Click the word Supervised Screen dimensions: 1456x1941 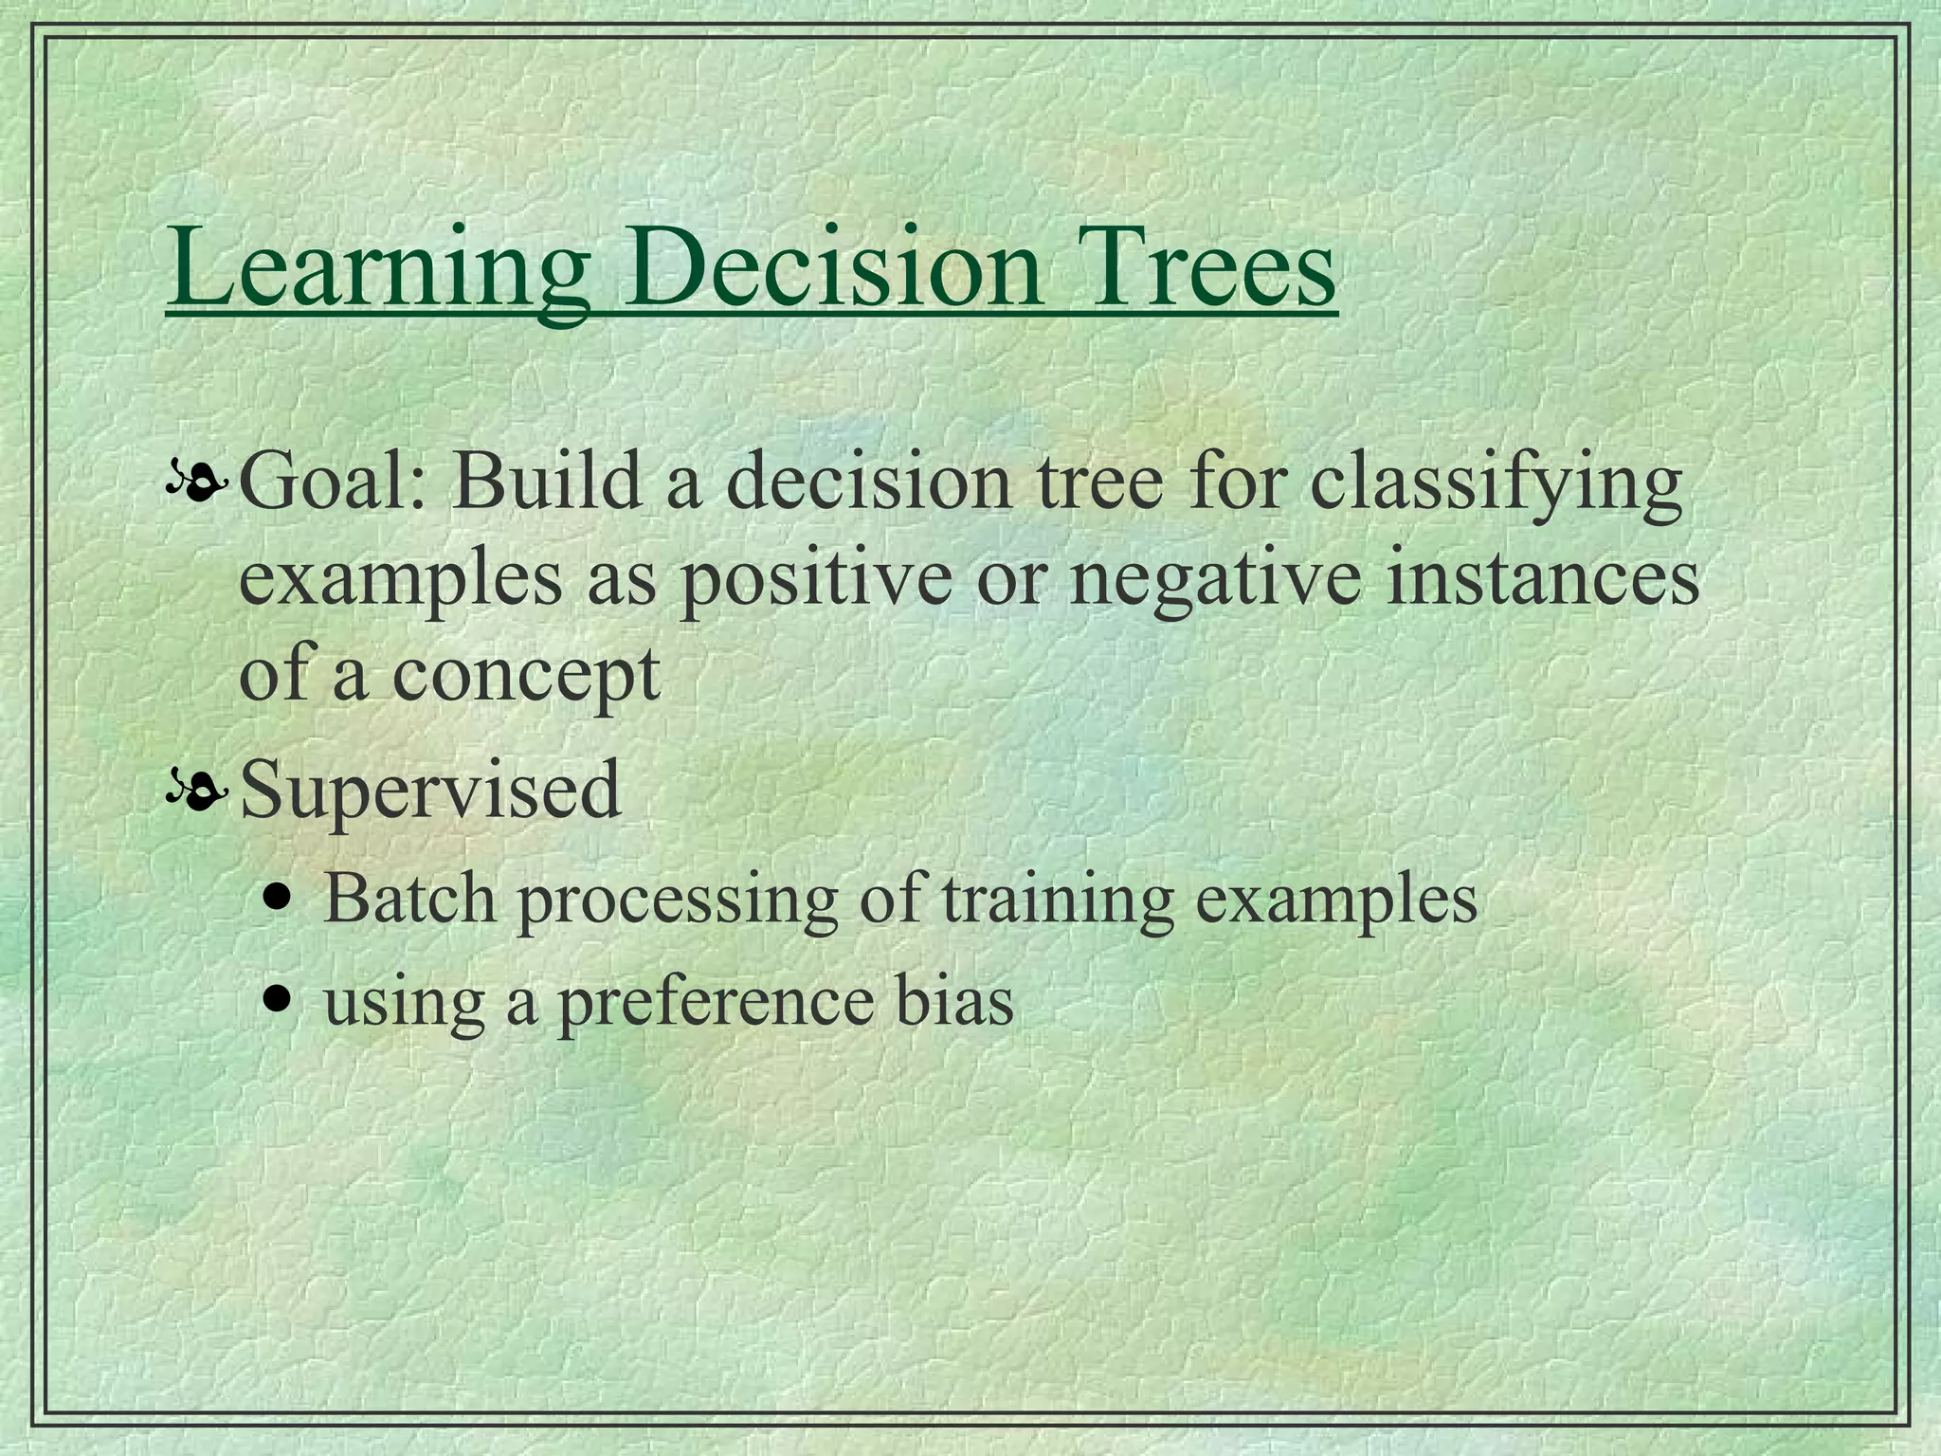[x=430, y=789]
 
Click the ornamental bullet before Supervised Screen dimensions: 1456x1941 [x=197, y=791]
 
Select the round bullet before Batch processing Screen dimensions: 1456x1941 [x=277, y=896]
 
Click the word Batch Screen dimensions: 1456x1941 [x=409, y=897]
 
